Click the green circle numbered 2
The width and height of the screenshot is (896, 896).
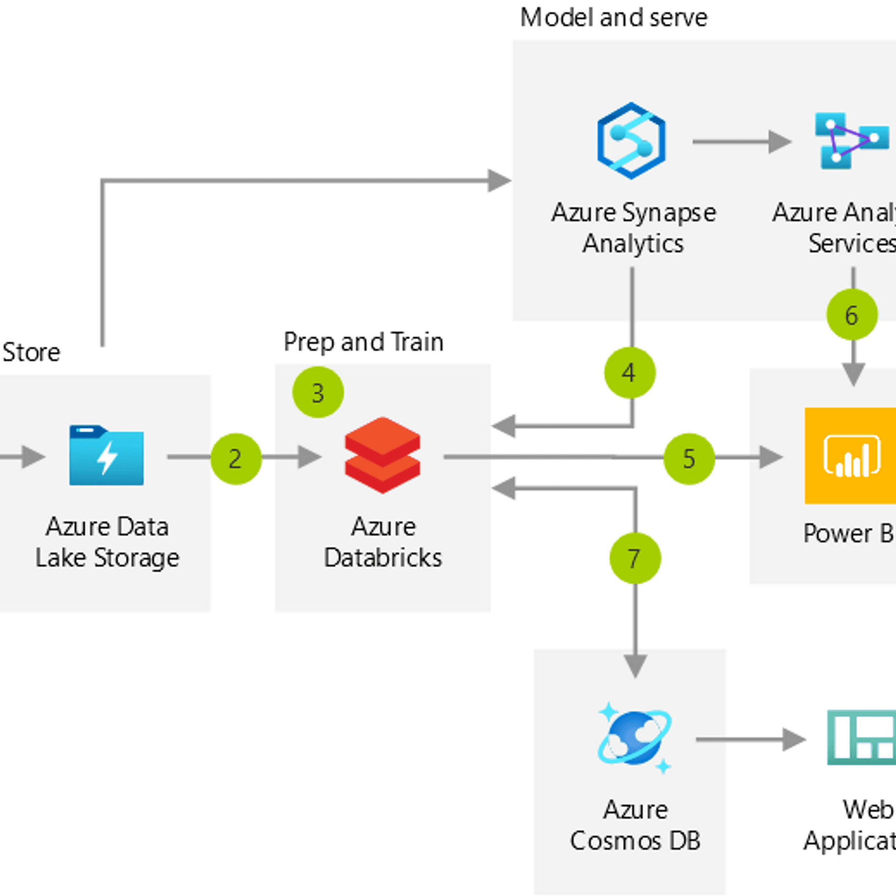coord(236,459)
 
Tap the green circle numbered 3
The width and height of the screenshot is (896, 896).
coord(318,392)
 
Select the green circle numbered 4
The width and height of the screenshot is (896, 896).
coord(630,373)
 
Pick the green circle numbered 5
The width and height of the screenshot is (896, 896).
coord(689,459)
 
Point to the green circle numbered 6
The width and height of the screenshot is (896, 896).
coord(852,315)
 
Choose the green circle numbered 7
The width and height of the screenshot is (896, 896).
coord(635,558)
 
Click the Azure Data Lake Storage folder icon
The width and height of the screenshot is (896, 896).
coord(106,455)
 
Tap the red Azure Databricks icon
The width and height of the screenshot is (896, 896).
coord(382,455)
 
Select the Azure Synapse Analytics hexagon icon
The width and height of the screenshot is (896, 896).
coord(631,141)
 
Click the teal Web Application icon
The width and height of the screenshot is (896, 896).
coord(862,738)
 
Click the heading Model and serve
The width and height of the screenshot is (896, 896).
coord(613,18)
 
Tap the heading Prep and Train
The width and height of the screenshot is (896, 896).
coord(363,342)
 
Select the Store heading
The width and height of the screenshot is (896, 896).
coord(31,352)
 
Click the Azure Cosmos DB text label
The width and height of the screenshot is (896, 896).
coord(635,825)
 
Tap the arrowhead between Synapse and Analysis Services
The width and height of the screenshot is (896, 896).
coord(780,142)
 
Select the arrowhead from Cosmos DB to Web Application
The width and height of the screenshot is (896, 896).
coord(794,740)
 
